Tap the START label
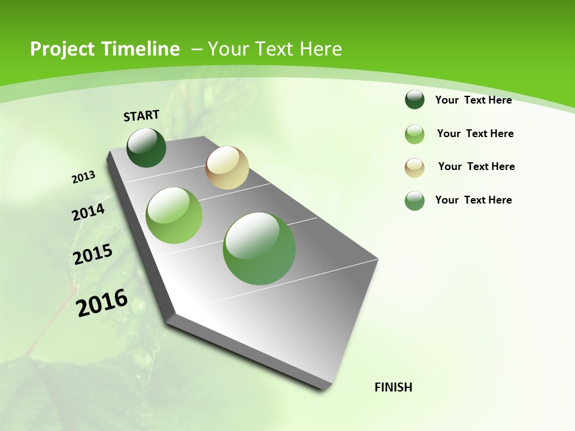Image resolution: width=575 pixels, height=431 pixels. [141, 116]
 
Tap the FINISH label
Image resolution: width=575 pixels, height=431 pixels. [393, 387]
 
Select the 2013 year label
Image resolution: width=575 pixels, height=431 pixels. [84, 177]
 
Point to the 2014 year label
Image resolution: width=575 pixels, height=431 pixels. [89, 212]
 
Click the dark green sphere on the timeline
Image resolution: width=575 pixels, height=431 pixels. [147, 148]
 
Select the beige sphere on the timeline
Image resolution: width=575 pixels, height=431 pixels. [227, 168]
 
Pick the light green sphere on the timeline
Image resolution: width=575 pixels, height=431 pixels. [174, 215]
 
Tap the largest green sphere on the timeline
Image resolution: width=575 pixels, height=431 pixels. [259, 248]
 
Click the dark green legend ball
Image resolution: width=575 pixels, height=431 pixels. [414, 100]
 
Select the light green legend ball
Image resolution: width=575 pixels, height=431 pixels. [414, 134]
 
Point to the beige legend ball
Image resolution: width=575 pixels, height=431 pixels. [414, 168]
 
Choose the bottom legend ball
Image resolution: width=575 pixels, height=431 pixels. [414, 201]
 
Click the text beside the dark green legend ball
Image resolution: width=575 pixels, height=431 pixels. [473, 100]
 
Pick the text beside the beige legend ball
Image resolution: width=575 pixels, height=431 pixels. [476, 166]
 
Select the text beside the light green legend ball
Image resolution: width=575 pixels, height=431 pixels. [475, 133]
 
